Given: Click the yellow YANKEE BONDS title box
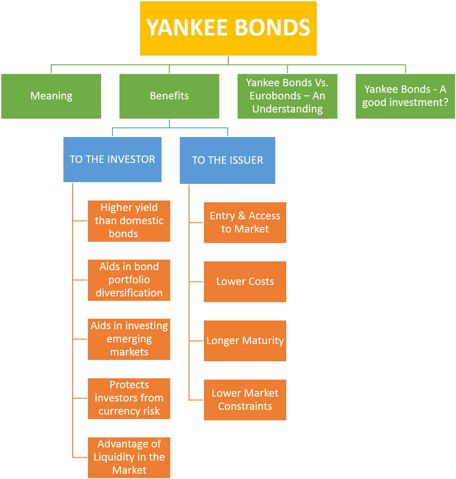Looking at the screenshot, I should click(x=228, y=28).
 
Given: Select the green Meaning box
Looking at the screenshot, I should click(x=51, y=96).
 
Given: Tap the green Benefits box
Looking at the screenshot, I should click(x=169, y=96).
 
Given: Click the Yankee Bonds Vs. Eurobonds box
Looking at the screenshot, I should click(x=288, y=96).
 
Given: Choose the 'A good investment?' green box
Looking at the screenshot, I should click(x=405, y=96).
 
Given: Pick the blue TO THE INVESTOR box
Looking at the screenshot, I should click(x=112, y=159).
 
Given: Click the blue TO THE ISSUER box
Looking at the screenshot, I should click(x=228, y=160).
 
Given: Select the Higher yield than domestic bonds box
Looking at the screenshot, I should click(x=129, y=221).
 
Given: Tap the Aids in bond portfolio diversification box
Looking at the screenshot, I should click(x=129, y=280).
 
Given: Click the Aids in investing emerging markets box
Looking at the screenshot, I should click(x=129, y=339).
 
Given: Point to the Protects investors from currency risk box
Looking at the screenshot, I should click(x=129, y=398).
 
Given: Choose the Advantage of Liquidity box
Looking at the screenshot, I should click(x=129, y=457).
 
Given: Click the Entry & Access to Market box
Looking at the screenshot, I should click(x=245, y=222).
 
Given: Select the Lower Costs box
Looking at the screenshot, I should click(x=245, y=282).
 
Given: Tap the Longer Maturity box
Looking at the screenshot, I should click(x=245, y=341).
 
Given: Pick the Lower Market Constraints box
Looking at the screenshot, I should click(x=245, y=400).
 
